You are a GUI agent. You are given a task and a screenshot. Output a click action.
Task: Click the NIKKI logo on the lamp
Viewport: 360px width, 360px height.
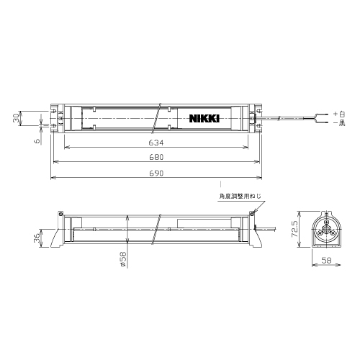coord(204,118)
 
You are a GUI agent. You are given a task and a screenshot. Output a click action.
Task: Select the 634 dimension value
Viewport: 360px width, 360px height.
coord(156,143)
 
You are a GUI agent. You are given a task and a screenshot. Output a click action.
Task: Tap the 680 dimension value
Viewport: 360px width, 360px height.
coord(156,157)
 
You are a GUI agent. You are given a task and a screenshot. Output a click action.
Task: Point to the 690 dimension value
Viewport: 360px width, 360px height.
coord(156,173)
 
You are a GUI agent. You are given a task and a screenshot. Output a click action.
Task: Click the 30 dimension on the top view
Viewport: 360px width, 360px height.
coord(17,118)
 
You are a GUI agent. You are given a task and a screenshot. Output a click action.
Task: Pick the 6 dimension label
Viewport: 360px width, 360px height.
coord(37,140)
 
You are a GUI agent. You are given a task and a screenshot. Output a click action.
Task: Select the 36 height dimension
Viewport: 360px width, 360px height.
coord(37,238)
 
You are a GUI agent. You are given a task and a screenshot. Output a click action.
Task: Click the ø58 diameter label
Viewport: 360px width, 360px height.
coord(122,258)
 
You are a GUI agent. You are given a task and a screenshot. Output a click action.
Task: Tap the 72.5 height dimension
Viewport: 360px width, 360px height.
coord(294,229)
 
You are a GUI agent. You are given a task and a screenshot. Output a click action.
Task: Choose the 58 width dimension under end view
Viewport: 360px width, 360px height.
coord(326,261)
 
